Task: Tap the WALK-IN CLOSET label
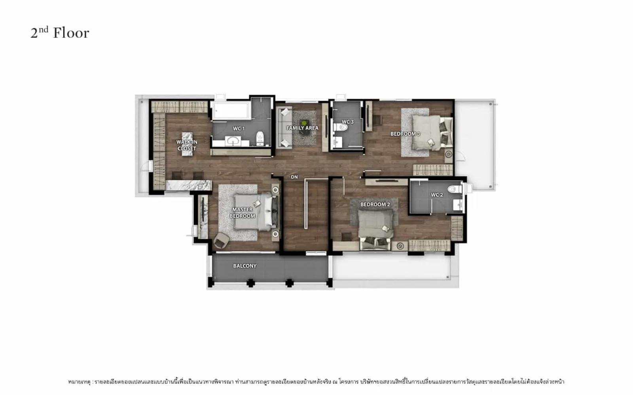(187, 145)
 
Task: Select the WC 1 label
(239, 129)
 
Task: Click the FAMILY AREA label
(302, 128)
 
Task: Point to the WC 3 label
(348, 122)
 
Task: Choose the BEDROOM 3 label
(405, 134)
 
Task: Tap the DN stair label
(294, 177)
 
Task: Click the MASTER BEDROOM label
(242, 213)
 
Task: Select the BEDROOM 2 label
(375, 204)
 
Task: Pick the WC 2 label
(437, 195)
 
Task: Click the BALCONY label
(245, 266)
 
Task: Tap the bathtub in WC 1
(231, 111)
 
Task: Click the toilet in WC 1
(260, 138)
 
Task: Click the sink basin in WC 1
(233, 141)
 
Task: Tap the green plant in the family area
(304, 123)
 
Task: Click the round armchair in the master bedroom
(222, 240)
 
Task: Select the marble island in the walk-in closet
(187, 144)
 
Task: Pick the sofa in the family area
(284, 128)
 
